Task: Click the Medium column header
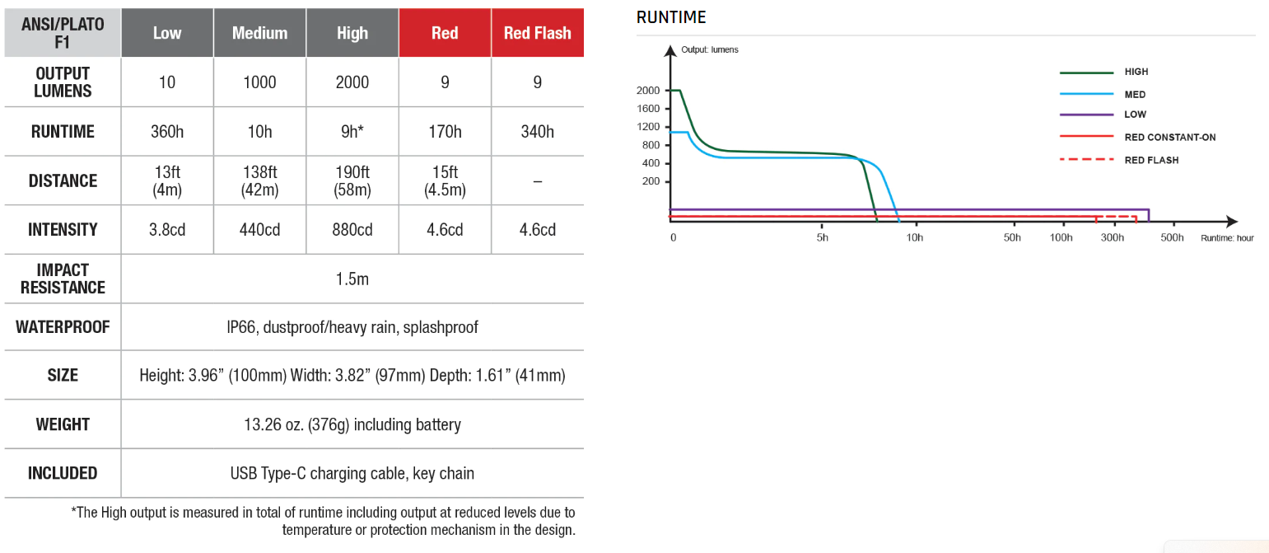[259, 33]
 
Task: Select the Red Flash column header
[537, 33]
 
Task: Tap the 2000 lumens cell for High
[352, 82]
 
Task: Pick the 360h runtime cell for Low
[167, 132]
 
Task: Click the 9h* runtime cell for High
[352, 132]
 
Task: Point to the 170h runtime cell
[445, 132]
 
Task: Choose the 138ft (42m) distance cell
[259, 180]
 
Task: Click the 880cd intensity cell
[352, 230]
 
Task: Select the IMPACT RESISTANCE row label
[63, 279]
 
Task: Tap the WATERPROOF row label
[63, 327]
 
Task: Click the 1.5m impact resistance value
[352, 279]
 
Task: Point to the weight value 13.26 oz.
[352, 425]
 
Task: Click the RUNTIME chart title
[671, 17]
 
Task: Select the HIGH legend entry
[1136, 73]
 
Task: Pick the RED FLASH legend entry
[1151, 160]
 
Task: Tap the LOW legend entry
[1135, 115]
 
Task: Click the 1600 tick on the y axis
[648, 109]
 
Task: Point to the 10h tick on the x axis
[914, 238]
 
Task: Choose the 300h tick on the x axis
[1112, 238]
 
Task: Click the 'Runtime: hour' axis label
[1227, 238]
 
